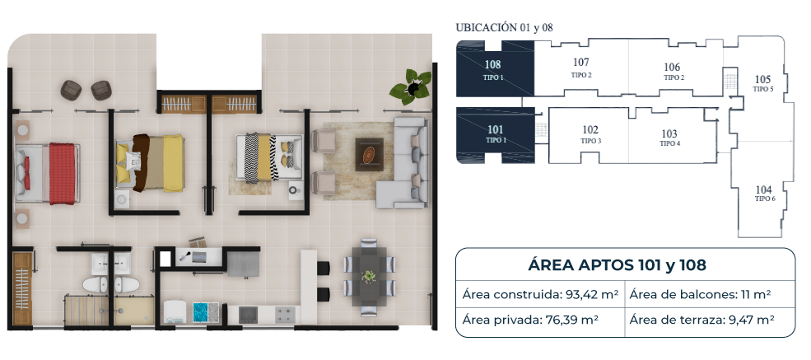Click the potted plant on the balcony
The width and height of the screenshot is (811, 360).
coord(411,87)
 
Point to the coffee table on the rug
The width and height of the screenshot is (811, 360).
coord(370,155)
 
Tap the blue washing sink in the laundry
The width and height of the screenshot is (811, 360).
coord(199,312)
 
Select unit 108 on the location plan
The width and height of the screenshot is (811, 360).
coord(495,69)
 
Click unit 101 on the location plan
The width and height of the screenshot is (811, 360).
coord(495,135)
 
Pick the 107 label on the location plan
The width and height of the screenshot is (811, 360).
coord(580,63)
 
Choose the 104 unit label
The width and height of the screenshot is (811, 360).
coord(763,189)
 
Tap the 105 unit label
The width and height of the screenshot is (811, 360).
coord(763,80)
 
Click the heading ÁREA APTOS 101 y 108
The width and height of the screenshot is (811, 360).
coord(617,265)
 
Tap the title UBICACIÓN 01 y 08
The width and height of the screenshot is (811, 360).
coord(504,28)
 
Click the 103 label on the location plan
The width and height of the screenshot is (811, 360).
coord(669,133)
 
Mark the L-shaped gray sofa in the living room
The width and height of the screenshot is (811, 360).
coord(403,163)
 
